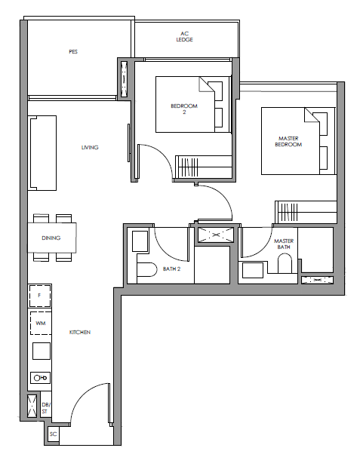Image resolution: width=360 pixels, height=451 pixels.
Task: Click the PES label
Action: pos(73,52)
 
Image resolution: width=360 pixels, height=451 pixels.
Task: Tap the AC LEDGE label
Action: pos(184,36)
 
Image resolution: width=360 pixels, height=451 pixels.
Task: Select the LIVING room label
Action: pos(90,147)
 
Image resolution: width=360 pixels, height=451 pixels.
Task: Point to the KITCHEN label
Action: pos(80,332)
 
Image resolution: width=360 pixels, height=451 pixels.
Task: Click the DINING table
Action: pos(52,238)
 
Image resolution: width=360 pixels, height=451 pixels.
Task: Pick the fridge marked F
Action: pos(40,296)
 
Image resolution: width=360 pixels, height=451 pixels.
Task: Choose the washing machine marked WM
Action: pos(41,323)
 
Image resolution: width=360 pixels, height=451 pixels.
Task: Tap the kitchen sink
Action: pos(40,378)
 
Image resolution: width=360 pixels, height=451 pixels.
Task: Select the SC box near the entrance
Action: pos(54,434)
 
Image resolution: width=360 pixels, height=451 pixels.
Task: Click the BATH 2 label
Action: pos(171,269)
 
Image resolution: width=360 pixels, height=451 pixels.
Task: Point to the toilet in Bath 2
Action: pos(146,269)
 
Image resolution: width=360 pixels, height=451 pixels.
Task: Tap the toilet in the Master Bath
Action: pos(285,263)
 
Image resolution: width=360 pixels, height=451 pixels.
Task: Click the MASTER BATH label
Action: pos(284,244)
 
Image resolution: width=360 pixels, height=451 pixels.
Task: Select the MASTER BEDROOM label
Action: pos(288,141)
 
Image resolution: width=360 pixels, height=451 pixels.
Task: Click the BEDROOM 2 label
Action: pos(184,109)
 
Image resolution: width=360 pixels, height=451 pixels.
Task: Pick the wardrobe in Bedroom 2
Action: pos(204,167)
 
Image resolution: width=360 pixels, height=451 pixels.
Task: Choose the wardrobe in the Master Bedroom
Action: pos(306,212)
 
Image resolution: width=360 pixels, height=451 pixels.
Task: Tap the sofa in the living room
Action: pos(42,153)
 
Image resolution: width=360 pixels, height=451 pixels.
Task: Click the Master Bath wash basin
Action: pos(253,270)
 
